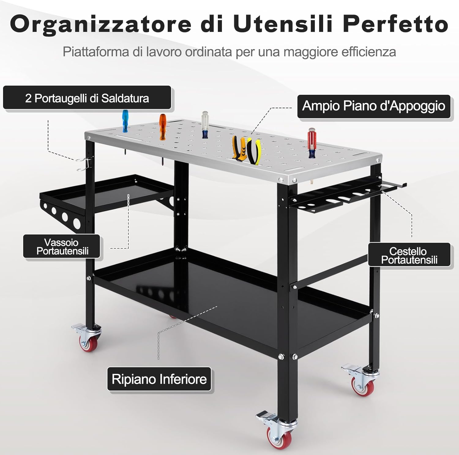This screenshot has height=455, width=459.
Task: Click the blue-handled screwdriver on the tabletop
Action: point(125,121)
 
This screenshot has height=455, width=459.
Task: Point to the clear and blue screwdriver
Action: point(205,125)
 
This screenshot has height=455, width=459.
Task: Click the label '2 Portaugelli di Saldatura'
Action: point(87,98)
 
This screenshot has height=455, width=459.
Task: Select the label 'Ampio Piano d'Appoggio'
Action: point(374,106)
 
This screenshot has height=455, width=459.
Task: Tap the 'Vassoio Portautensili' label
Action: point(62,246)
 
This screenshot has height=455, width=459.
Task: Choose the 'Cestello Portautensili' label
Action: point(409,255)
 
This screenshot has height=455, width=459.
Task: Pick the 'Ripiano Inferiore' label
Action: point(159,379)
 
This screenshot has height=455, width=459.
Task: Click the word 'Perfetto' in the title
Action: point(396,24)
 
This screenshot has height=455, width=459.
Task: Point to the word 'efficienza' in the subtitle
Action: point(369,52)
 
